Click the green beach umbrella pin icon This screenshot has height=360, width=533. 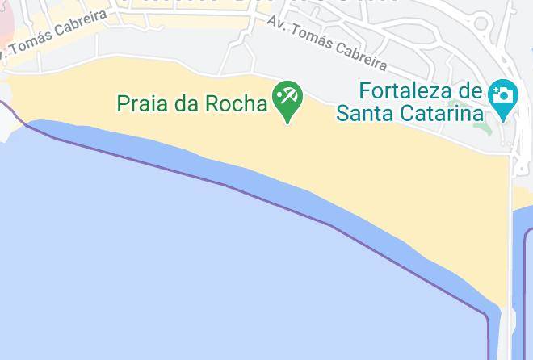[x=287, y=99]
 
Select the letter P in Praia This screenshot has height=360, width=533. [x=124, y=103]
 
